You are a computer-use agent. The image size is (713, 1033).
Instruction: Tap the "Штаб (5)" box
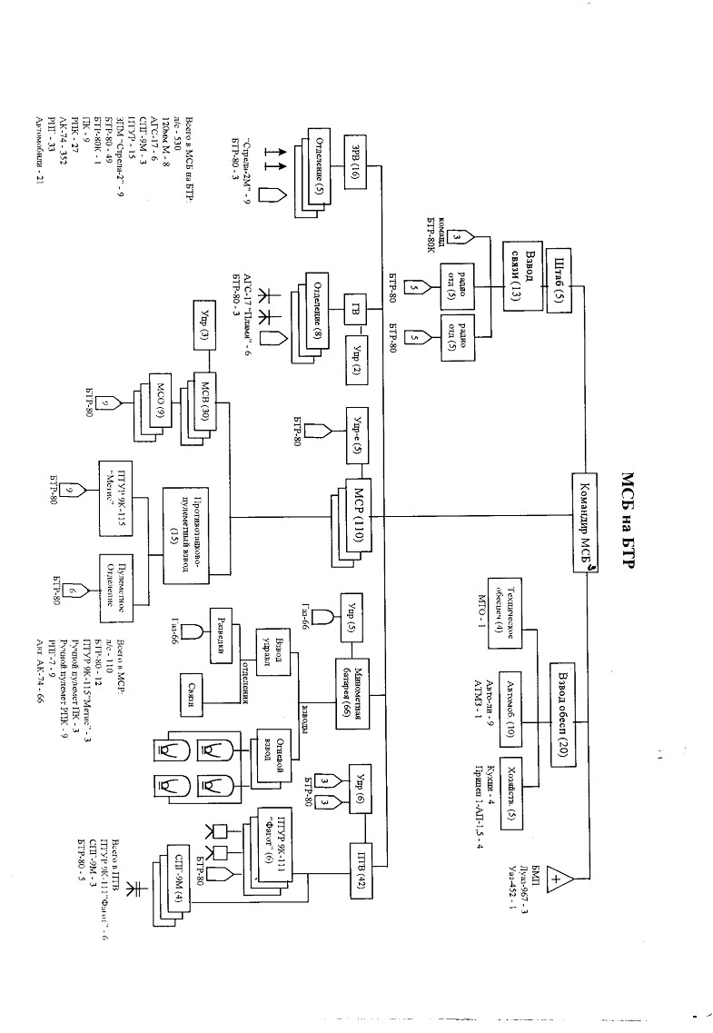click(560, 282)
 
